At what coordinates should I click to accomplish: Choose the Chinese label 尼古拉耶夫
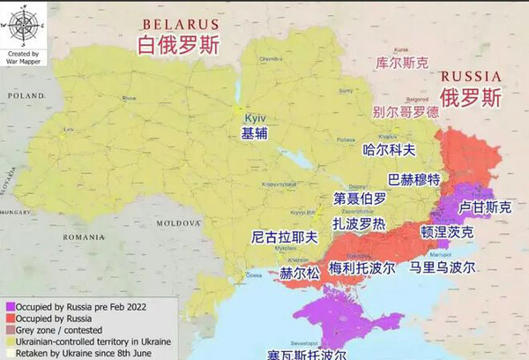[x=283, y=237]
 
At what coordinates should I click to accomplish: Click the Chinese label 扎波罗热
[x=358, y=224]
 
